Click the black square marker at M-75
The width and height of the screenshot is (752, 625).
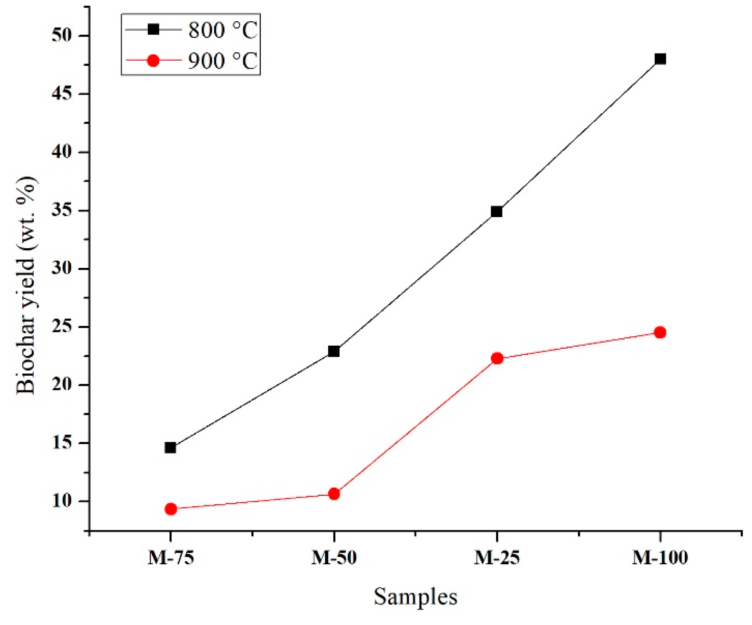point(171,448)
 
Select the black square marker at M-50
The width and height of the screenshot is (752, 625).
point(333,351)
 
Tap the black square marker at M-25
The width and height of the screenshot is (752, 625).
point(496,212)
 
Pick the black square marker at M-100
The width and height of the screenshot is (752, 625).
point(660,59)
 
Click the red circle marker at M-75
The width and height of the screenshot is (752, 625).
point(171,509)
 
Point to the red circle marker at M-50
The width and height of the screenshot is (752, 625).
point(334,494)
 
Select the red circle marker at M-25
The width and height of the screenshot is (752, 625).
point(497,358)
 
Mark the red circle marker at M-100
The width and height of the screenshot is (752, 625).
point(660,332)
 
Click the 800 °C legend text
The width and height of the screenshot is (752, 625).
point(223,30)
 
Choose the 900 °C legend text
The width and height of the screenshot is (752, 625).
point(223,60)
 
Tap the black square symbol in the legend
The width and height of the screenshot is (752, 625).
point(153,29)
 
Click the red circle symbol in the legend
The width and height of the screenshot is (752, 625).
point(153,60)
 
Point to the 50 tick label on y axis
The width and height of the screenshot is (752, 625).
point(62,36)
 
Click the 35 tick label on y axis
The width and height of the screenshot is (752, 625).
point(62,211)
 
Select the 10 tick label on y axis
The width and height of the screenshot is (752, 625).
point(62,501)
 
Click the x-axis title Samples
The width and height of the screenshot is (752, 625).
point(415,597)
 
